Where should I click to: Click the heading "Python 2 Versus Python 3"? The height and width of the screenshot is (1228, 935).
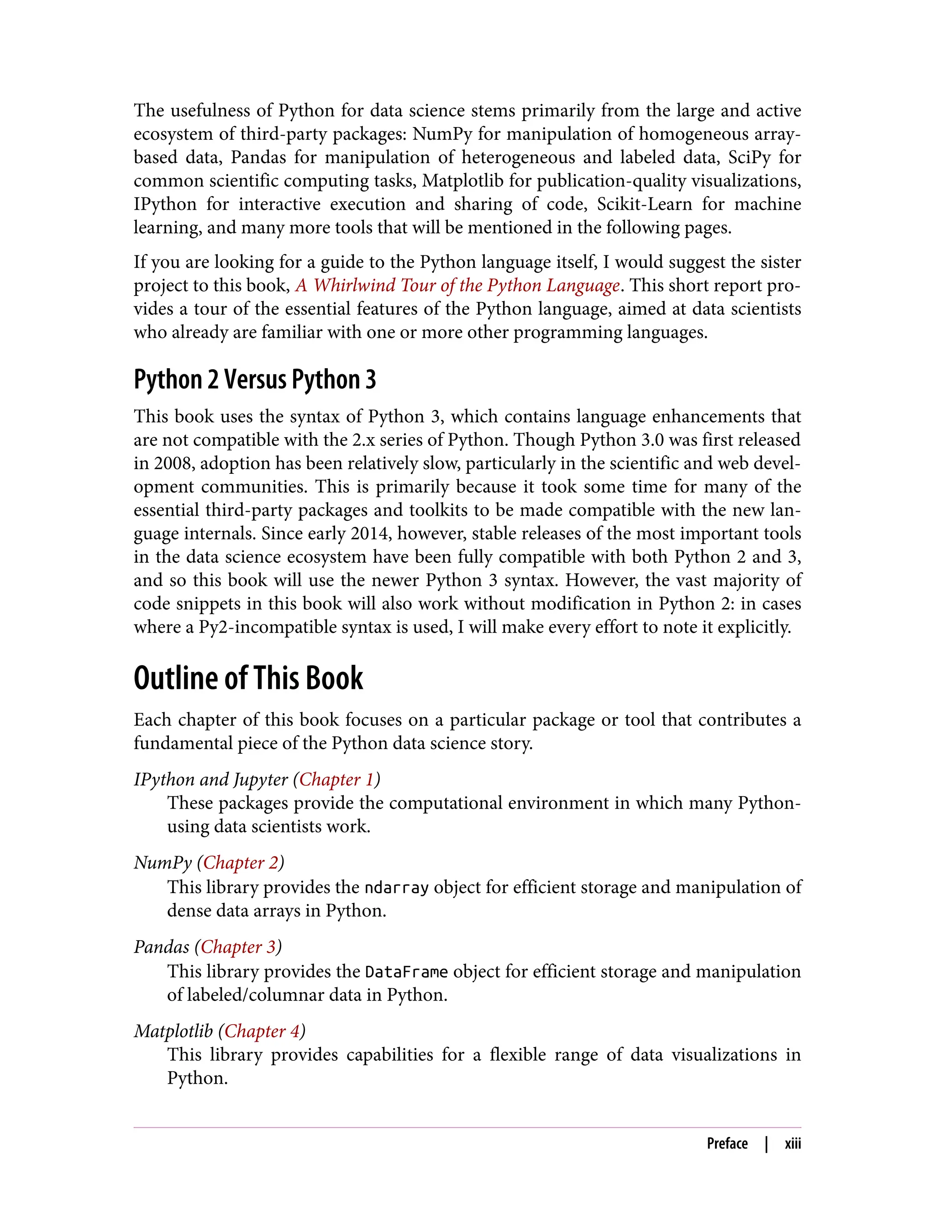255,380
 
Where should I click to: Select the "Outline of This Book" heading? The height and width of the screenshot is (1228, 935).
248,678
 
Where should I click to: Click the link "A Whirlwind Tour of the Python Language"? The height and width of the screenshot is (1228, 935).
457,285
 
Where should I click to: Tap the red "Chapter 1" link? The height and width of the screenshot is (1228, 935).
337,780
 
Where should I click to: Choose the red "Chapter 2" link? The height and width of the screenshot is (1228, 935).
241,863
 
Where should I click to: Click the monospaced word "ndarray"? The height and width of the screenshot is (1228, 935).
396,888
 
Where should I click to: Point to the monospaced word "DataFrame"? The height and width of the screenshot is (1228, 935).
406,972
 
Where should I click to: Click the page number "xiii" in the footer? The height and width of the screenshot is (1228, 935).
793,1144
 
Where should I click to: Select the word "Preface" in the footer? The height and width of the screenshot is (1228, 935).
727,1144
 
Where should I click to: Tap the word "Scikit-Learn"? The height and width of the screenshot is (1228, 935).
645,204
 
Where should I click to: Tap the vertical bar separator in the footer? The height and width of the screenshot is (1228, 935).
767,1144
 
